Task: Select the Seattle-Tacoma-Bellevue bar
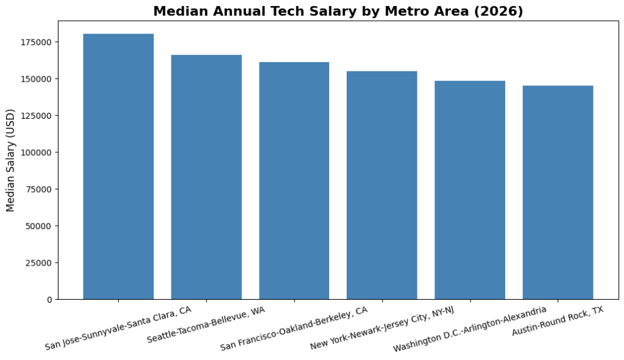click(206, 177)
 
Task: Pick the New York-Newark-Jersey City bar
click(382, 185)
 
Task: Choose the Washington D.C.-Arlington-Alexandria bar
click(470, 190)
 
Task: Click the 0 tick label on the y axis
click(49, 300)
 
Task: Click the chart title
click(338, 12)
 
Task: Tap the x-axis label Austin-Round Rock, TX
click(558, 321)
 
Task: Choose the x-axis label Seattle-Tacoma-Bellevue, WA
click(206, 325)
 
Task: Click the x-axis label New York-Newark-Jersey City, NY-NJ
click(382, 329)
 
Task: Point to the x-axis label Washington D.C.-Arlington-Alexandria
click(470, 329)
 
